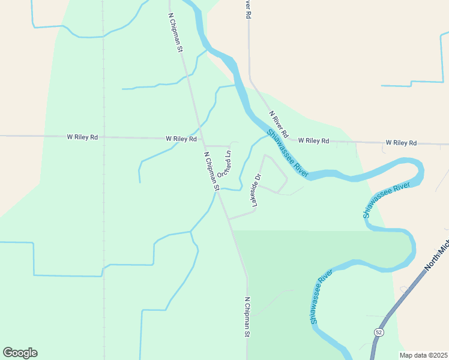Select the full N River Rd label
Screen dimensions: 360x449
(279, 124)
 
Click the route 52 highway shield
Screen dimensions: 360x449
(378, 332)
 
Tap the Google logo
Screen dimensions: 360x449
(20, 353)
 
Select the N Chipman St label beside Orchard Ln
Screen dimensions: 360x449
(211, 171)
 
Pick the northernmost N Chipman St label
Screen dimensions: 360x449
(175, 32)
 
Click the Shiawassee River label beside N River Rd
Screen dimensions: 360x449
(288, 154)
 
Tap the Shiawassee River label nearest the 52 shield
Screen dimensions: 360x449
(322, 297)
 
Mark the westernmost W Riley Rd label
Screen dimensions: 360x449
(82, 137)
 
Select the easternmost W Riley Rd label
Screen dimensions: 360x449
(401, 143)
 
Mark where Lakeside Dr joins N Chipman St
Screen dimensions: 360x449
(228, 219)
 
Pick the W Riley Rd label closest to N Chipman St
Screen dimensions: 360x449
(181, 139)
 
